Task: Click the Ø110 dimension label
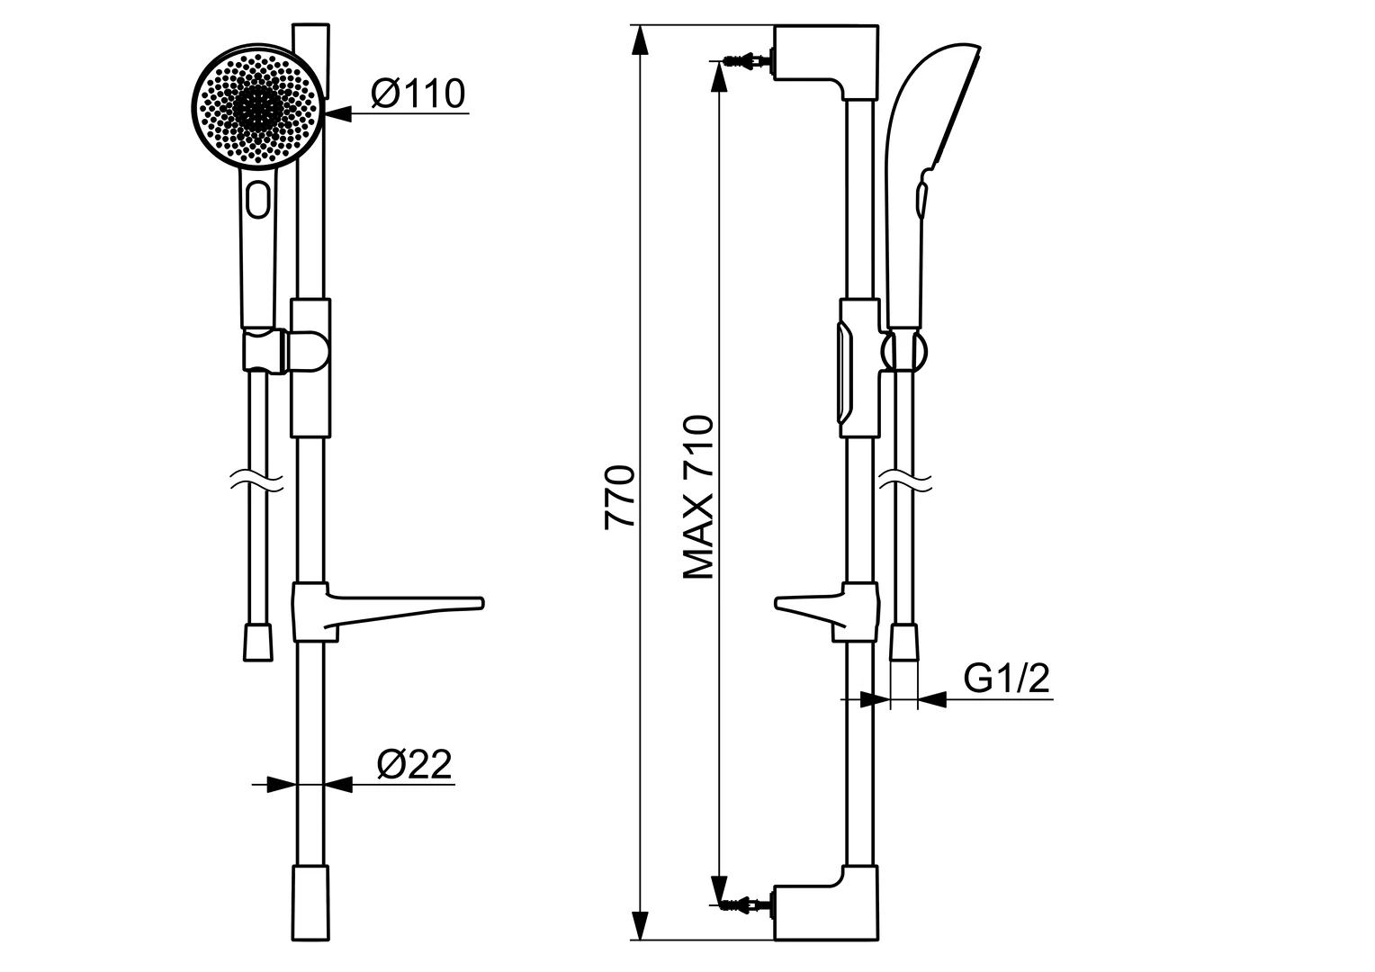417,93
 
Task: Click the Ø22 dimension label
414,764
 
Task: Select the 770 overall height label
620,497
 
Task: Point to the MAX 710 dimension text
698,497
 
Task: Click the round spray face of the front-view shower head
257,105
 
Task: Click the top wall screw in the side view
746,60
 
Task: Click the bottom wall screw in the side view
746,902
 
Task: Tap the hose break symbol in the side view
905,480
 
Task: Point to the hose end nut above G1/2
904,643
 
